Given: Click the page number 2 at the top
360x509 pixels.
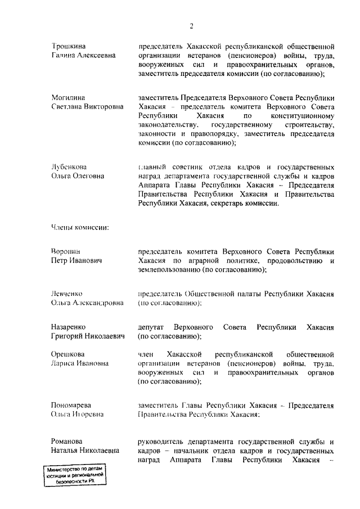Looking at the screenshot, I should (x=192, y=25).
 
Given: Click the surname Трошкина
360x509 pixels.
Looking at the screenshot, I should (x=68, y=46).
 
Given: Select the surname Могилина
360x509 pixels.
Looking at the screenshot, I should (x=69, y=97).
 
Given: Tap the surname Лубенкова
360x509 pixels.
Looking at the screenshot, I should (x=69, y=167).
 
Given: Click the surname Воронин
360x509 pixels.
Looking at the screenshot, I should (x=66, y=252).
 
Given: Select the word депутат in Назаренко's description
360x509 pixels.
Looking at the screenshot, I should (x=151, y=327).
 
